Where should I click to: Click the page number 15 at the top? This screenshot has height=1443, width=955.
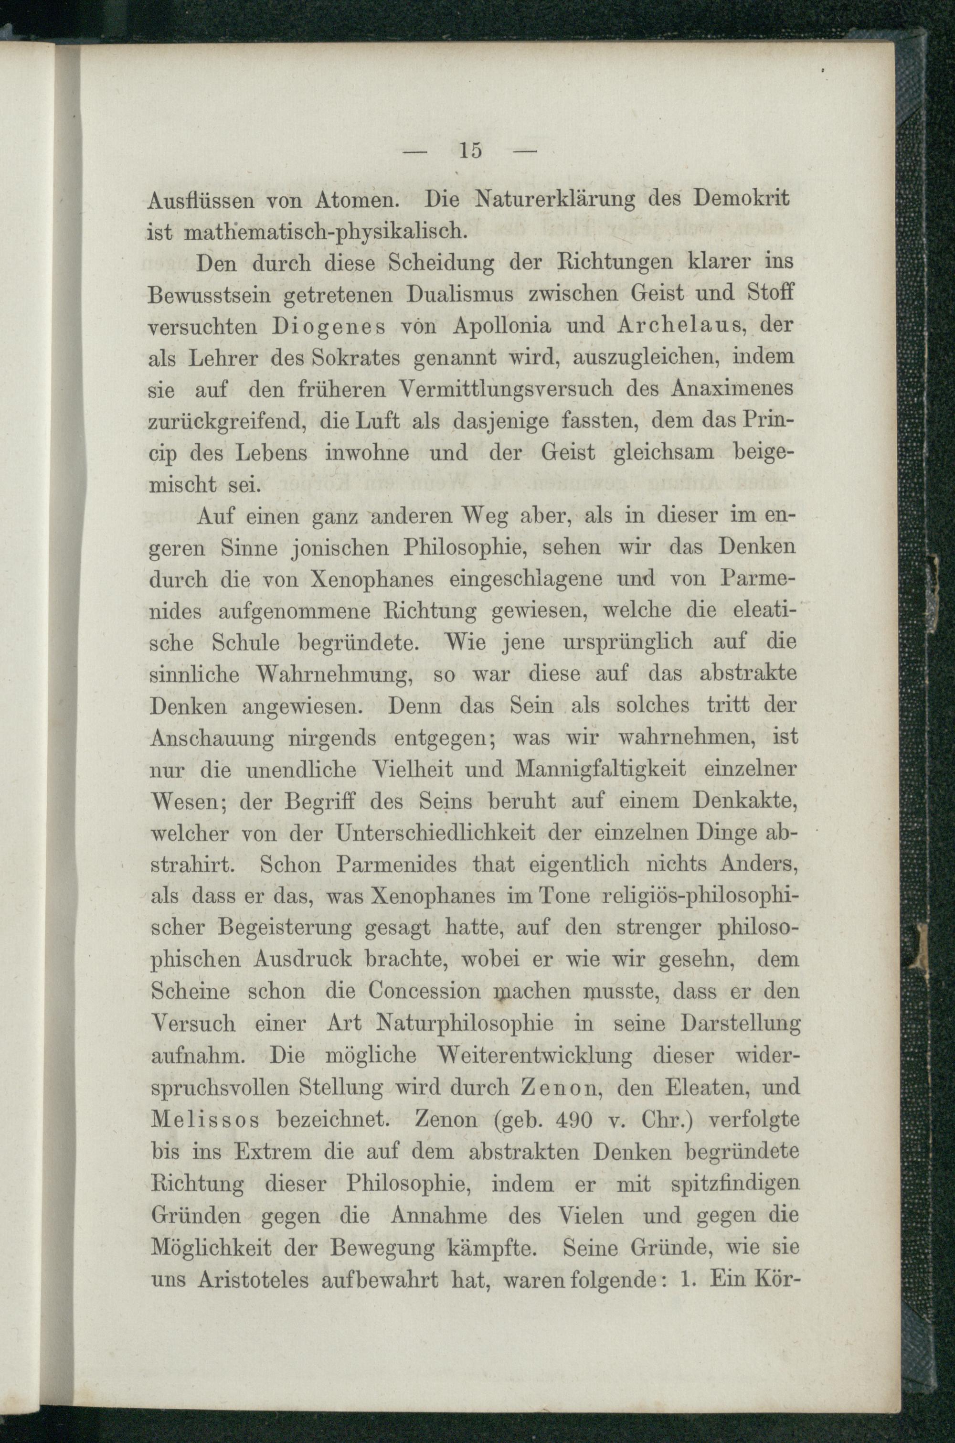471,150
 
